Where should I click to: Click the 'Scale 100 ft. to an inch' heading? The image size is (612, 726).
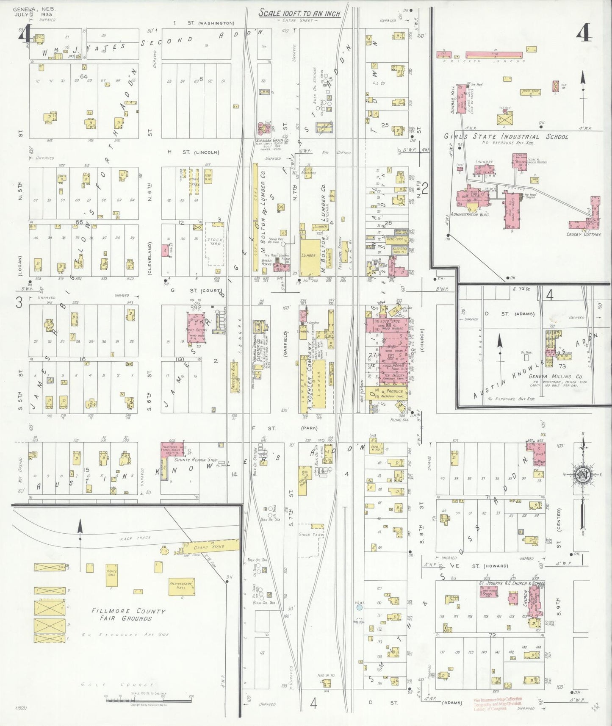click(x=300, y=14)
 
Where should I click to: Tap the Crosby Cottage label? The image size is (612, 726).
click(x=584, y=234)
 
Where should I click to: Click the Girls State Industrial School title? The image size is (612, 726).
click(x=506, y=137)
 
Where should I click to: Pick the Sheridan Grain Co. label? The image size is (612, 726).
click(x=272, y=140)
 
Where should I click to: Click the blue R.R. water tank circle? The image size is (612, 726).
click(x=359, y=607)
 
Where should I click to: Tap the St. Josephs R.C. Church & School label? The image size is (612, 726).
click(x=511, y=584)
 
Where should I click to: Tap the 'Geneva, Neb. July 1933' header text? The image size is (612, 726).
click(x=34, y=11)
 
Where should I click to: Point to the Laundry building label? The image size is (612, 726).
click(x=484, y=162)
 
